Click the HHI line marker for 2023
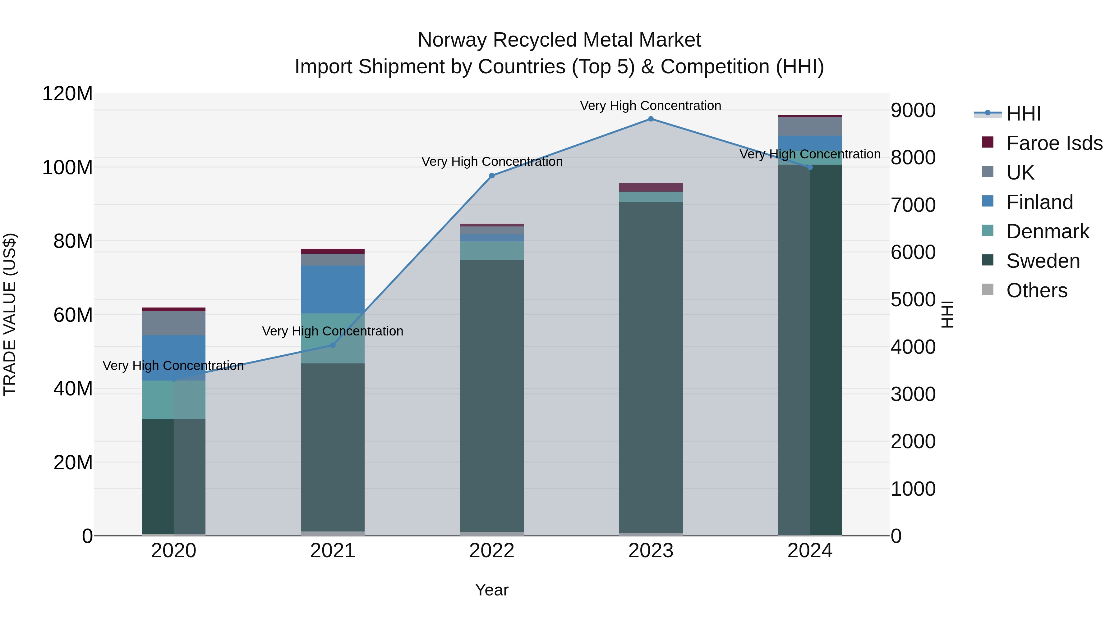coord(651,119)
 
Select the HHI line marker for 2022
coord(492,176)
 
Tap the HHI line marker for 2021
coord(333,345)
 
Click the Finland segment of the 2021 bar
coord(333,289)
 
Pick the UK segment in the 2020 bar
coord(174,323)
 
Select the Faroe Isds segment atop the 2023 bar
coord(651,187)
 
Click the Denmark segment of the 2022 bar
coord(492,250)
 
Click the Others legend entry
coord(1036,290)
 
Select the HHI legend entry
coord(1023,114)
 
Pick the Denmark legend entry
coord(1047,231)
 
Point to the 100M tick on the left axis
coord(67,167)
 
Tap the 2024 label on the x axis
coord(810,551)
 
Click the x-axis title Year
coord(492,590)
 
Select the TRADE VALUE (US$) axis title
coord(10,314)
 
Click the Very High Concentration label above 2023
coord(650,106)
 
